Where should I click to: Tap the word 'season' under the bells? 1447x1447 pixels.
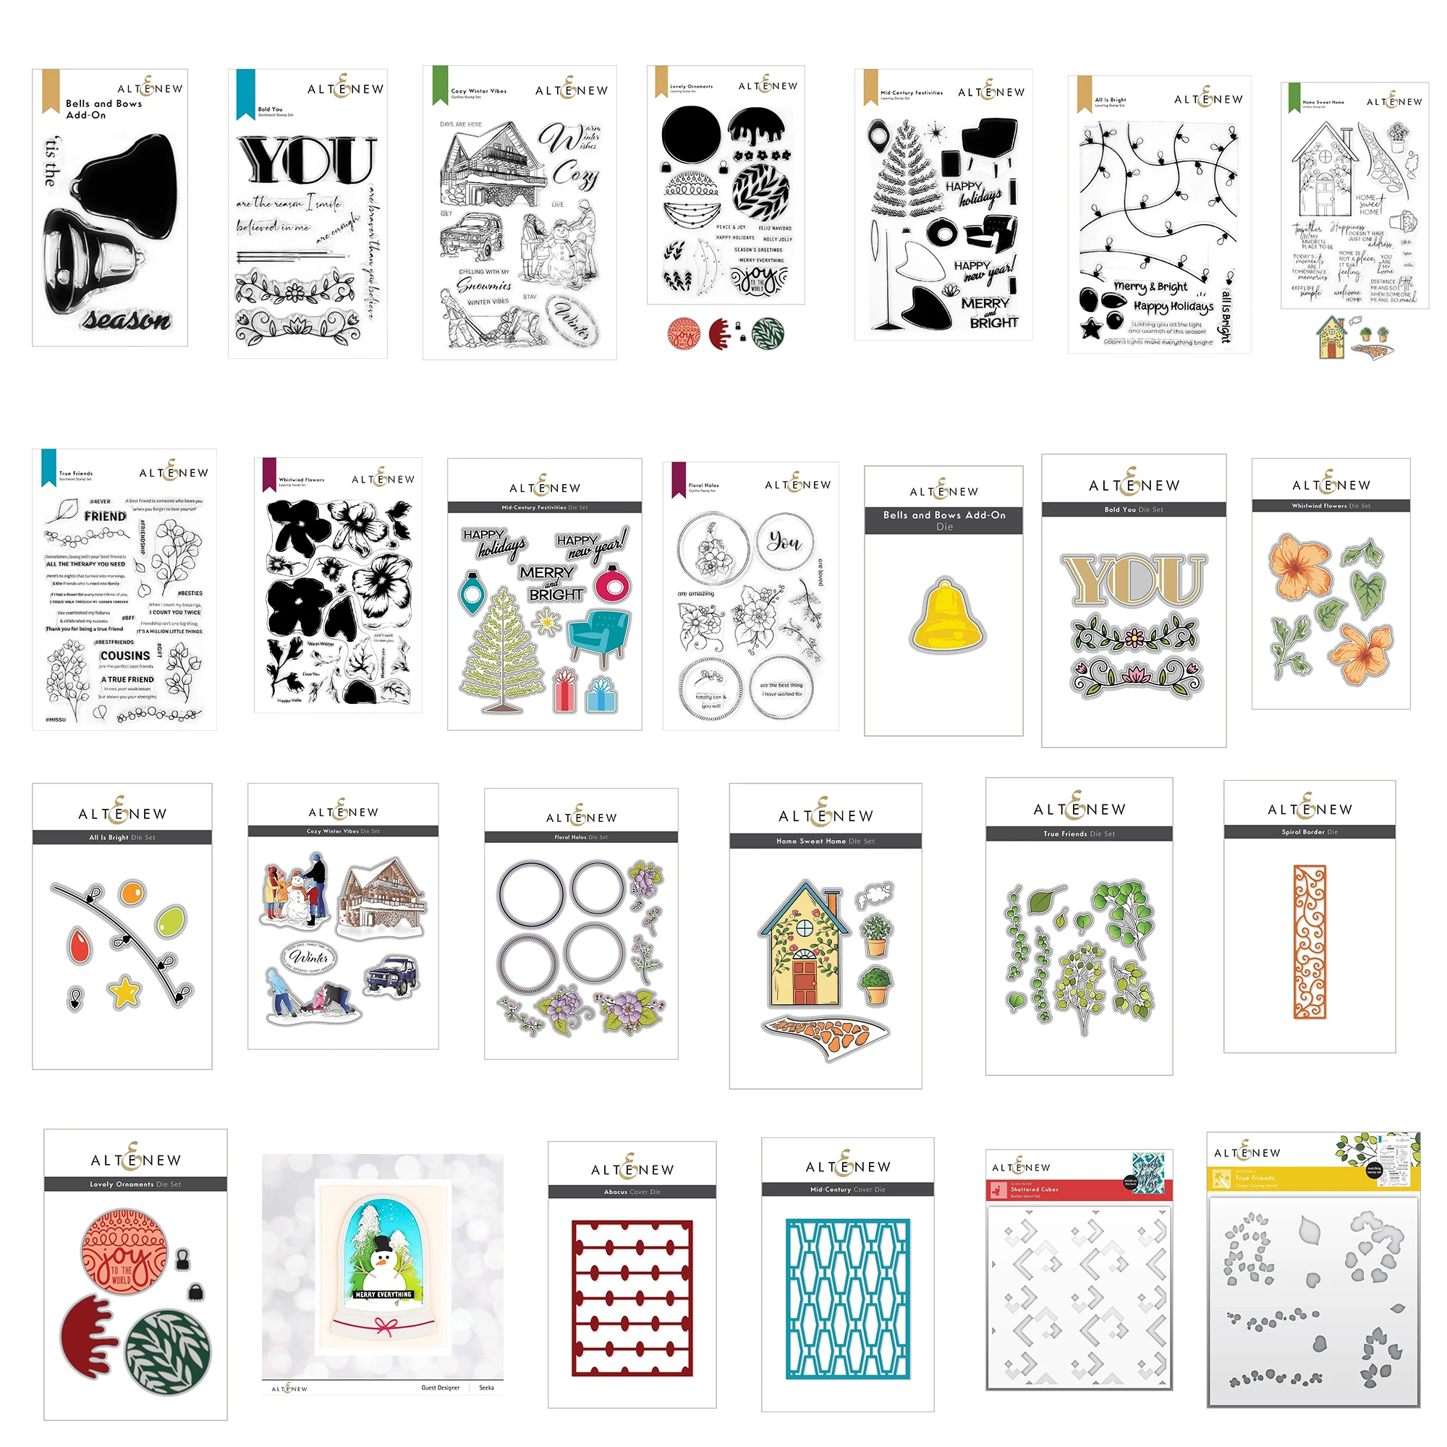pyautogui.click(x=127, y=320)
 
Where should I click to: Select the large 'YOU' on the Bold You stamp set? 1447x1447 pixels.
pyautogui.click(x=307, y=161)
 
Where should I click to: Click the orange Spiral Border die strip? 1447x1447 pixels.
pyautogui.click(x=1310, y=941)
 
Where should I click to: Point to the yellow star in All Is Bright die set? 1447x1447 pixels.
pyautogui.click(x=124, y=993)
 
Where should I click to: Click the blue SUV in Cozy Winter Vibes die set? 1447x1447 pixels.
pyautogui.click(x=391, y=975)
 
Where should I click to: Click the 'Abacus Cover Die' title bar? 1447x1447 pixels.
pyautogui.click(x=632, y=1192)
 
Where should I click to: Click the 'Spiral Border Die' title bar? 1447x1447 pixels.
pyautogui.click(x=1310, y=832)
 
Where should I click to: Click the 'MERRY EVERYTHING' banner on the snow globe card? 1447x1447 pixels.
pyautogui.click(x=383, y=1294)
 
